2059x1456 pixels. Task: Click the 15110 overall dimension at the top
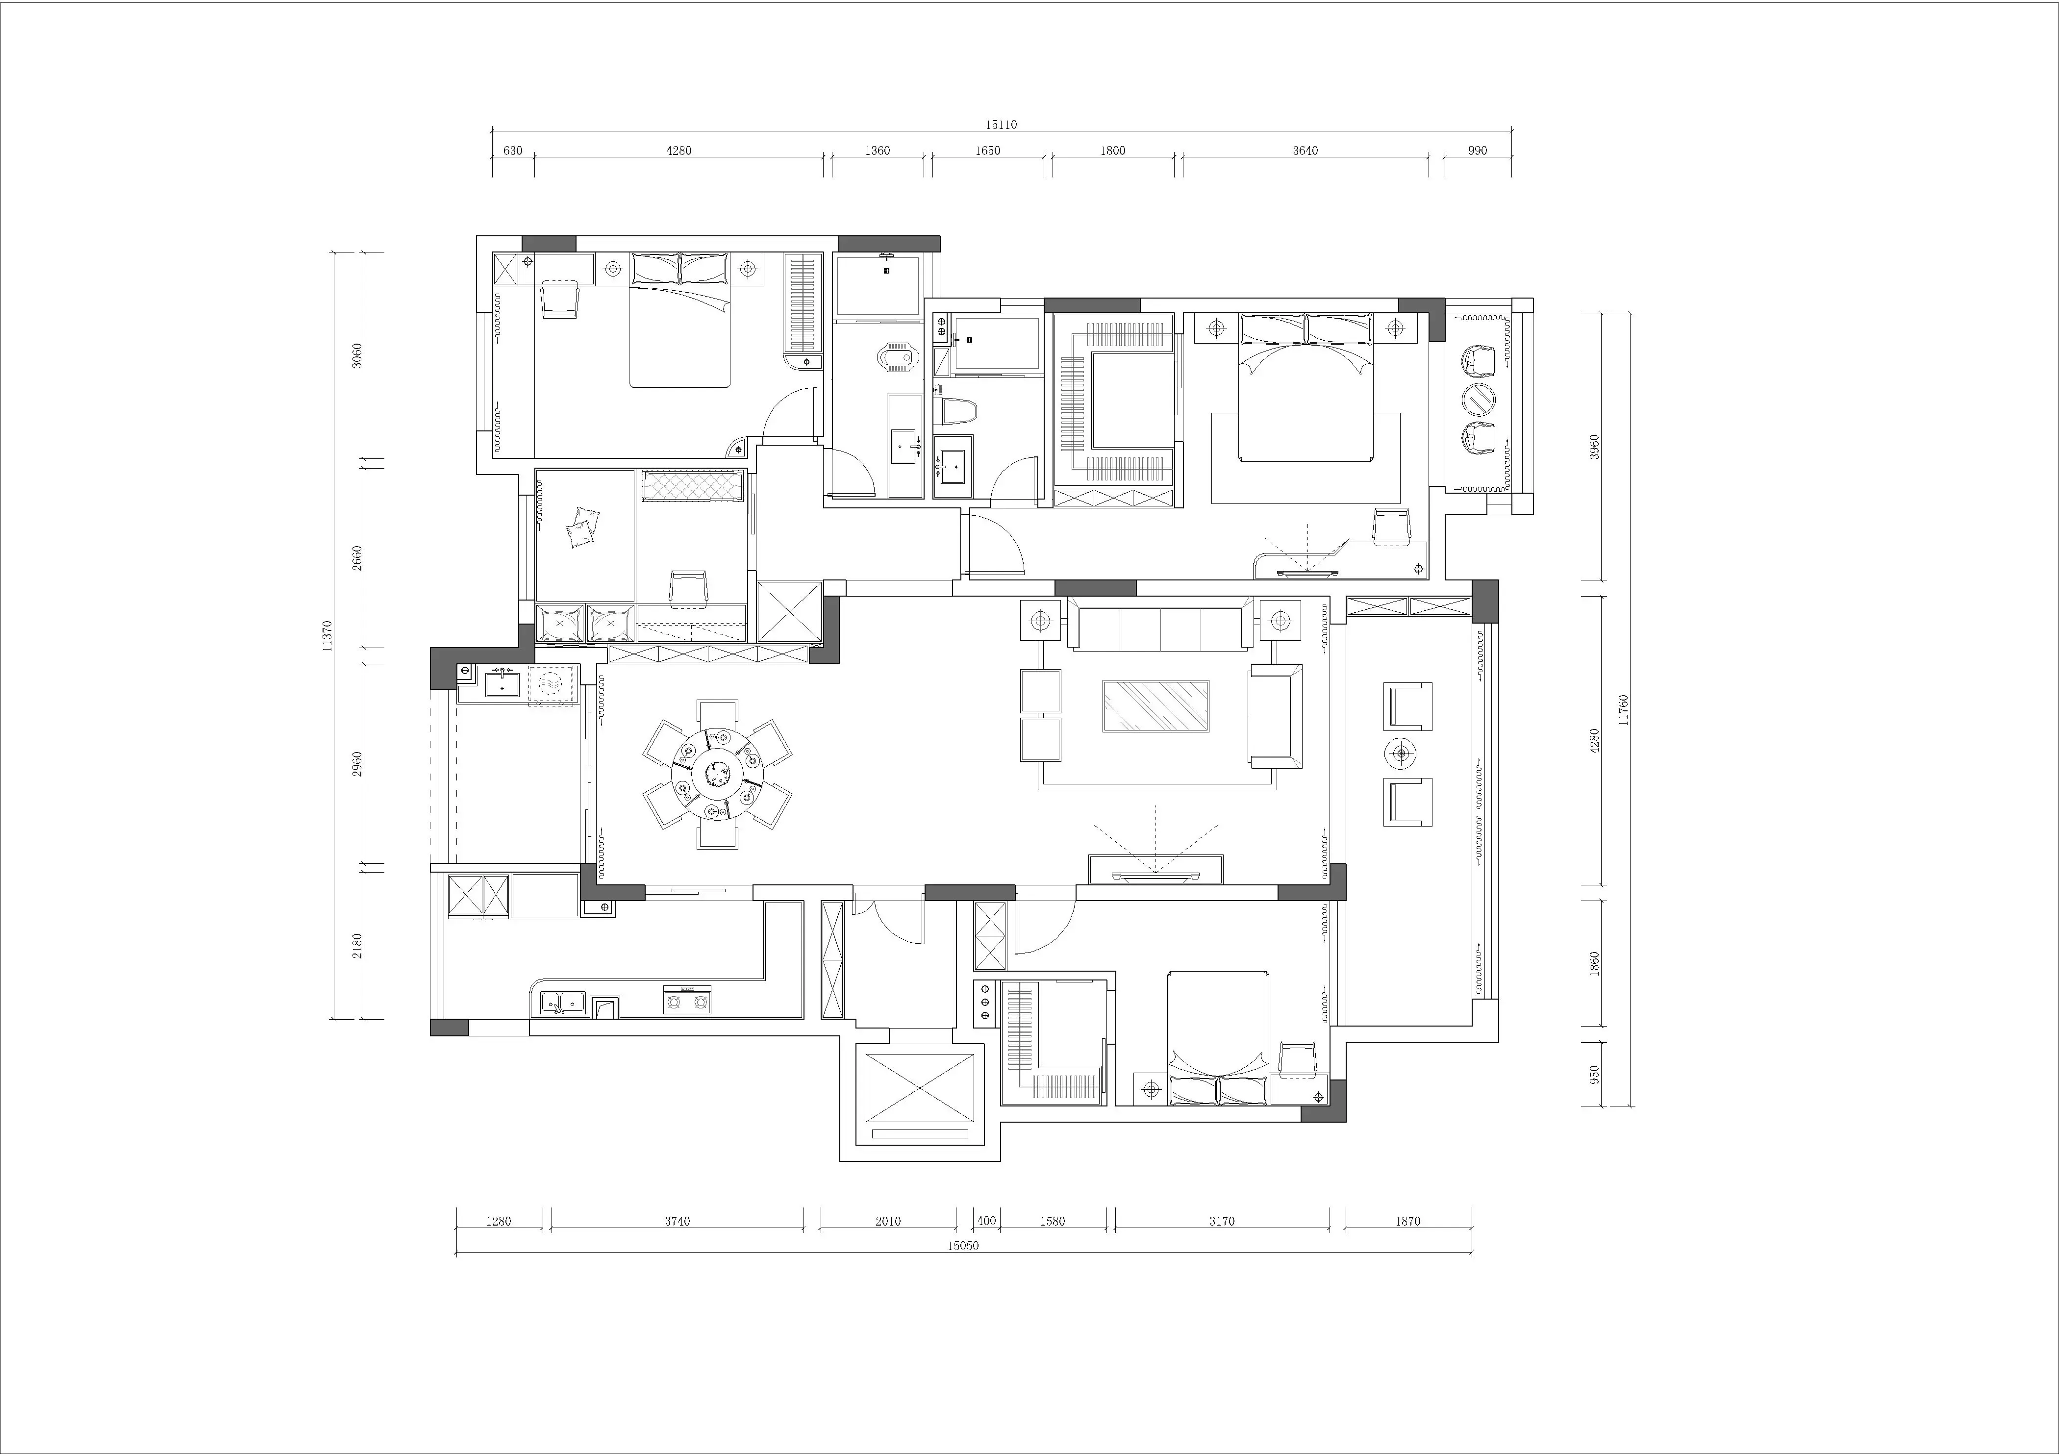click(x=1002, y=125)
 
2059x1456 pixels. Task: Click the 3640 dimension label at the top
click(x=1305, y=151)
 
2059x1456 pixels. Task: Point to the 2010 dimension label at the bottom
click(x=888, y=1221)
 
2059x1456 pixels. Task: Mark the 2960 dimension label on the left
click(x=357, y=764)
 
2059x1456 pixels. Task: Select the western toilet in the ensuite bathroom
click(x=954, y=411)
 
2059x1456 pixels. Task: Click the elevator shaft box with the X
click(x=919, y=1087)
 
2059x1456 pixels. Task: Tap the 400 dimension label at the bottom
click(x=986, y=1221)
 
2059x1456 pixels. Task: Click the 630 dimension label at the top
click(x=512, y=151)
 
